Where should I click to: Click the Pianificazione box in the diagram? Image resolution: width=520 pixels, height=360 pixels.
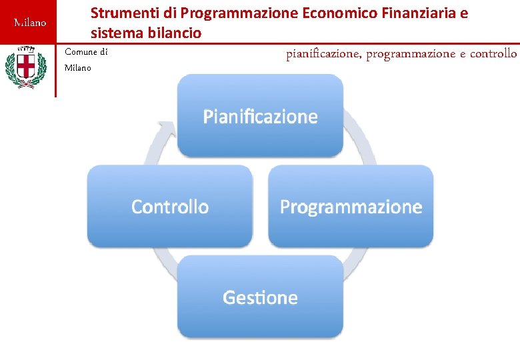[x=260, y=116]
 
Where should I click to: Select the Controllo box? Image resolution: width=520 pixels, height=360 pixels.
[x=170, y=207]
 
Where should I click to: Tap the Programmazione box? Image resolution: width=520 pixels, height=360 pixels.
[x=351, y=207]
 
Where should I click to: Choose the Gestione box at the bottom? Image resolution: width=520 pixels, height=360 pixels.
[x=260, y=297]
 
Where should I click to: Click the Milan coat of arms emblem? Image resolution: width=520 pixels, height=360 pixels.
[x=26, y=67]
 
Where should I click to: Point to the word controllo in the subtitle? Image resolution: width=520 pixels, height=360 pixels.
[x=493, y=53]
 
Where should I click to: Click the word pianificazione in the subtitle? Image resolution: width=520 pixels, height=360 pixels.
[x=323, y=53]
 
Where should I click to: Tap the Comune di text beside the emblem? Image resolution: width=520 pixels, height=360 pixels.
[x=86, y=52]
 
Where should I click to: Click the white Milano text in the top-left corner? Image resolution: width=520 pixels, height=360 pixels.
[x=31, y=23]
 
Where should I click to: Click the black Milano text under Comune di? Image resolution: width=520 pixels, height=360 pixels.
[x=78, y=67]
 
